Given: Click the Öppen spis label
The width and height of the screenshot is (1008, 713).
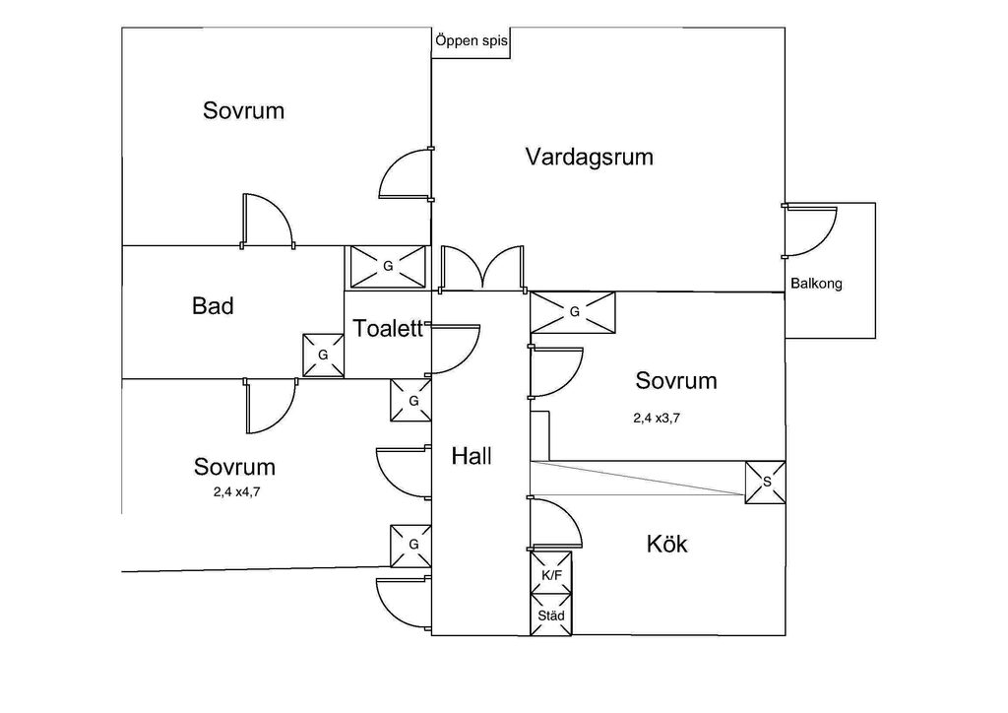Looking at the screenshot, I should click(471, 42).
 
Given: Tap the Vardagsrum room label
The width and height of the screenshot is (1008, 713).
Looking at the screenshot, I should click(589, 157).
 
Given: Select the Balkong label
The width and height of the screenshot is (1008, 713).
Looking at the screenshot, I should click(816, 284).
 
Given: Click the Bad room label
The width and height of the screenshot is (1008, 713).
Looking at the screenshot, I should click(213, 306).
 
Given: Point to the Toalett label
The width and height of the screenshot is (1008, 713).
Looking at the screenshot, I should click(388, 328).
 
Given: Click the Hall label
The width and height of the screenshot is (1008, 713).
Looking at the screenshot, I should click(472, 456).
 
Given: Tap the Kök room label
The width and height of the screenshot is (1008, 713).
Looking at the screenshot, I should click(667, 544).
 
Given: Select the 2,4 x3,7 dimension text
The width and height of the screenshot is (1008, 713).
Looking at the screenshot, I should click(657, 418).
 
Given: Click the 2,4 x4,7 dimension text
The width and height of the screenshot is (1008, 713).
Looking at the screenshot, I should click(236, 492).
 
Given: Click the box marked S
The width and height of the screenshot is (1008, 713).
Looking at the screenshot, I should click(765, 481).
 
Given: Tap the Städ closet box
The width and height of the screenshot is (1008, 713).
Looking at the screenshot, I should click(550, 616).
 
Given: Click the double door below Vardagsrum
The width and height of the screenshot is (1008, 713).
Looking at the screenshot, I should click(481, 269).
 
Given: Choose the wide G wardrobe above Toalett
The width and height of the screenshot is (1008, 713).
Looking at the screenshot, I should click(387, 267).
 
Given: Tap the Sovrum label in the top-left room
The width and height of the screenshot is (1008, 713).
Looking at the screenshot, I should click(243, 110).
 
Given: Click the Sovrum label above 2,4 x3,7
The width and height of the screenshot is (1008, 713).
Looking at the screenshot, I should click(675, 380).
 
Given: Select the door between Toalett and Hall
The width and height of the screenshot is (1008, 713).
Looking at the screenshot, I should click(454, 350).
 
